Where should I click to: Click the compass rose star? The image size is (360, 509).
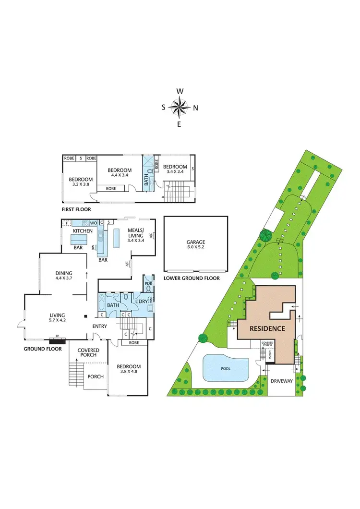point(180,108)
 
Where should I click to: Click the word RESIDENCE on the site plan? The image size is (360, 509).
point(268,329)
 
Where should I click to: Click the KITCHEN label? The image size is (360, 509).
point(83,231)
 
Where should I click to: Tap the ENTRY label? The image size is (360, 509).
point(100,327)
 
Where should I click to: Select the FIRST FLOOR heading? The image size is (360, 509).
point(76,209)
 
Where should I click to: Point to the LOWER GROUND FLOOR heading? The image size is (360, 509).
point(192,279)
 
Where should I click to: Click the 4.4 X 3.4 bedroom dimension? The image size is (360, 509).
point(120,175)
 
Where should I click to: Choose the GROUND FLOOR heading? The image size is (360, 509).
point(43,349)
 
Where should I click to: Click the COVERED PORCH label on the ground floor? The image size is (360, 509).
point(88,353)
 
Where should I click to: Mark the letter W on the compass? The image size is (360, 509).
point(180,91)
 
